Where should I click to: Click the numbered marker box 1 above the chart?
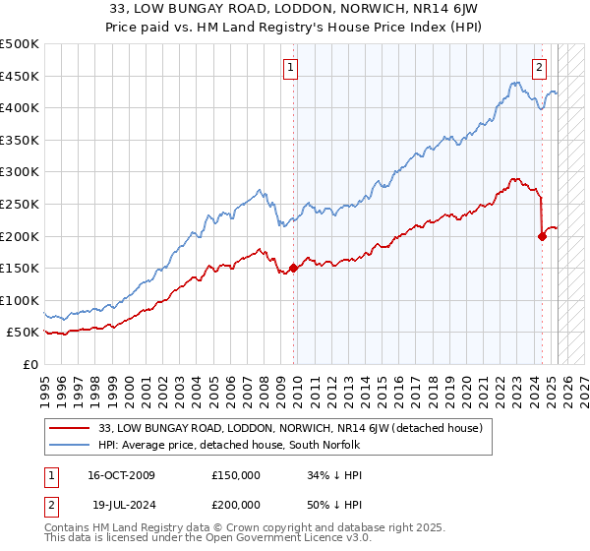tap(292, 68)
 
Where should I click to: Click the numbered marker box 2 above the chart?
tap(540, 68)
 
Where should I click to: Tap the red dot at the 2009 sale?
tap(293, 268)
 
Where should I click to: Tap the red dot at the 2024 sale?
tap(542, 235)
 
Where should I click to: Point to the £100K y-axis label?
tap(21, 300)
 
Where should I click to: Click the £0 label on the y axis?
tap(31, 364)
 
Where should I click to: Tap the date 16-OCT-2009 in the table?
tap(121, 475)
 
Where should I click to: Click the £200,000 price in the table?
tap(235, 505)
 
